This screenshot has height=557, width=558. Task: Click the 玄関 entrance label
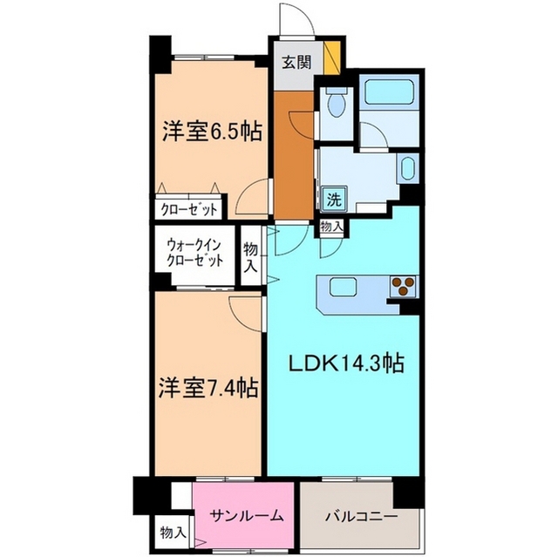295,62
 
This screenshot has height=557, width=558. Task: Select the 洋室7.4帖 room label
208,386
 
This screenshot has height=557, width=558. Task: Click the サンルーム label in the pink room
247,515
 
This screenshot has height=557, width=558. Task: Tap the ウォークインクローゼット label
195,252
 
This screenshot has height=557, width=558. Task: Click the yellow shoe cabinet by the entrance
331,58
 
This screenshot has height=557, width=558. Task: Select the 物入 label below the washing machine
331,227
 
